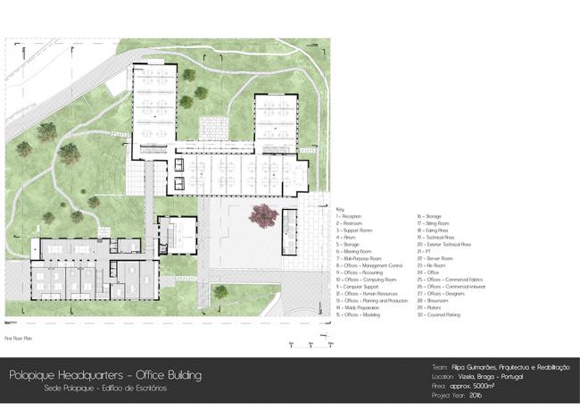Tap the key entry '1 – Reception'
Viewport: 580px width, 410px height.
coord(349,216)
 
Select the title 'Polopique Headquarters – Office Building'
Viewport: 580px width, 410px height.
coord(105,375)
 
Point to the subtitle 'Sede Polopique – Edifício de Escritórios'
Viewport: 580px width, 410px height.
coord(104,389)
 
